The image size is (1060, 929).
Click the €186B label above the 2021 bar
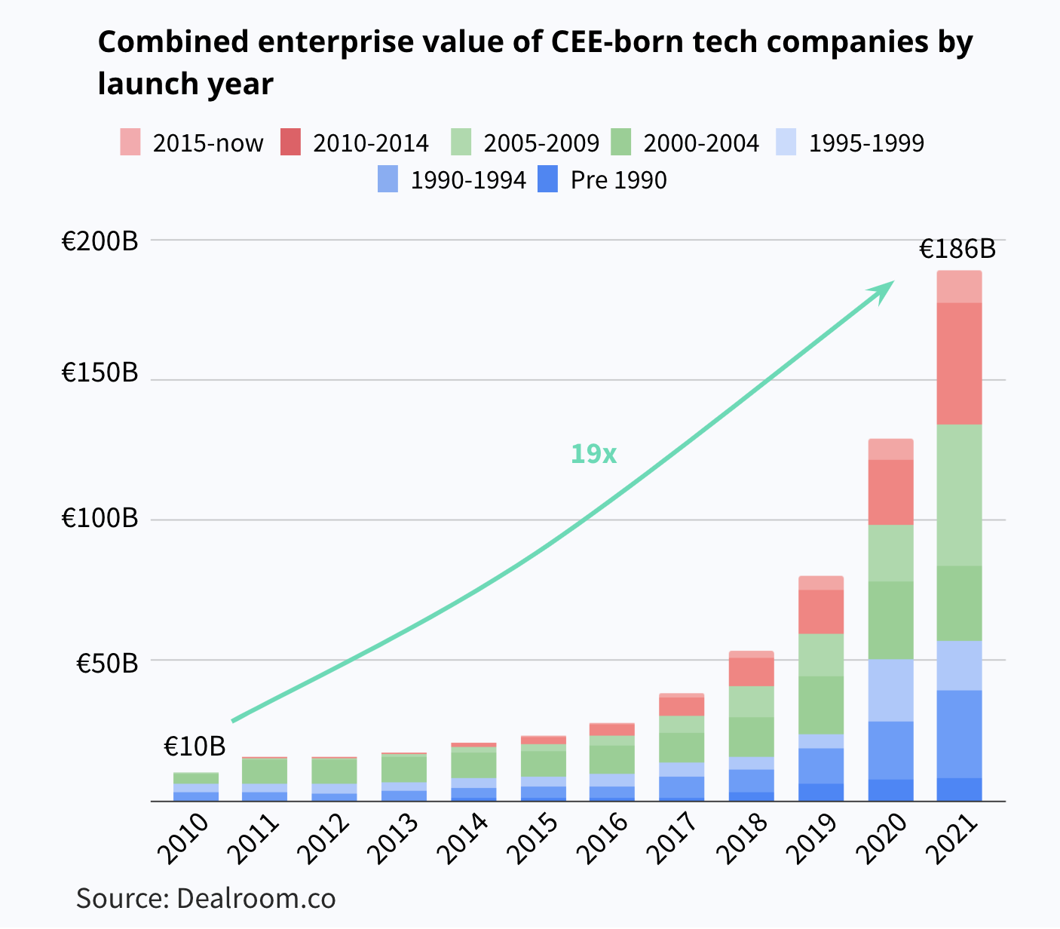click(957, 249)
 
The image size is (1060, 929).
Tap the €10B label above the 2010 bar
click(195, 747)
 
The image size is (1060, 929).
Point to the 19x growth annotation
click(593, 454)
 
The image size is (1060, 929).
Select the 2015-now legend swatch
click(130, 142)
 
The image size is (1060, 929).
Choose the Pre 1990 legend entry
click(602, 180)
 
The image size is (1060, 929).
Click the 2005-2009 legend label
click(541, 143)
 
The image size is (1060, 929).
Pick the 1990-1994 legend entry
click(452, 180)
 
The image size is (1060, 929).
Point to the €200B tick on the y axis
click(100, 241)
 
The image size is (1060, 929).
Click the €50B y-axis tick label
click(107, 663)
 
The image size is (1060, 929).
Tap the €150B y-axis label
click(100, 373)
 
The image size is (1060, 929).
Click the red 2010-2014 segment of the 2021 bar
click(959, 363)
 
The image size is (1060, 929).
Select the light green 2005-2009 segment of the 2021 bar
click(959, 495)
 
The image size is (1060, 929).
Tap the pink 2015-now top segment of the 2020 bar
click(890, 449)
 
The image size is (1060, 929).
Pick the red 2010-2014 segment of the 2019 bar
click(820, 612)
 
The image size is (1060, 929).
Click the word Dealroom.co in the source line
click(256, 899)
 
